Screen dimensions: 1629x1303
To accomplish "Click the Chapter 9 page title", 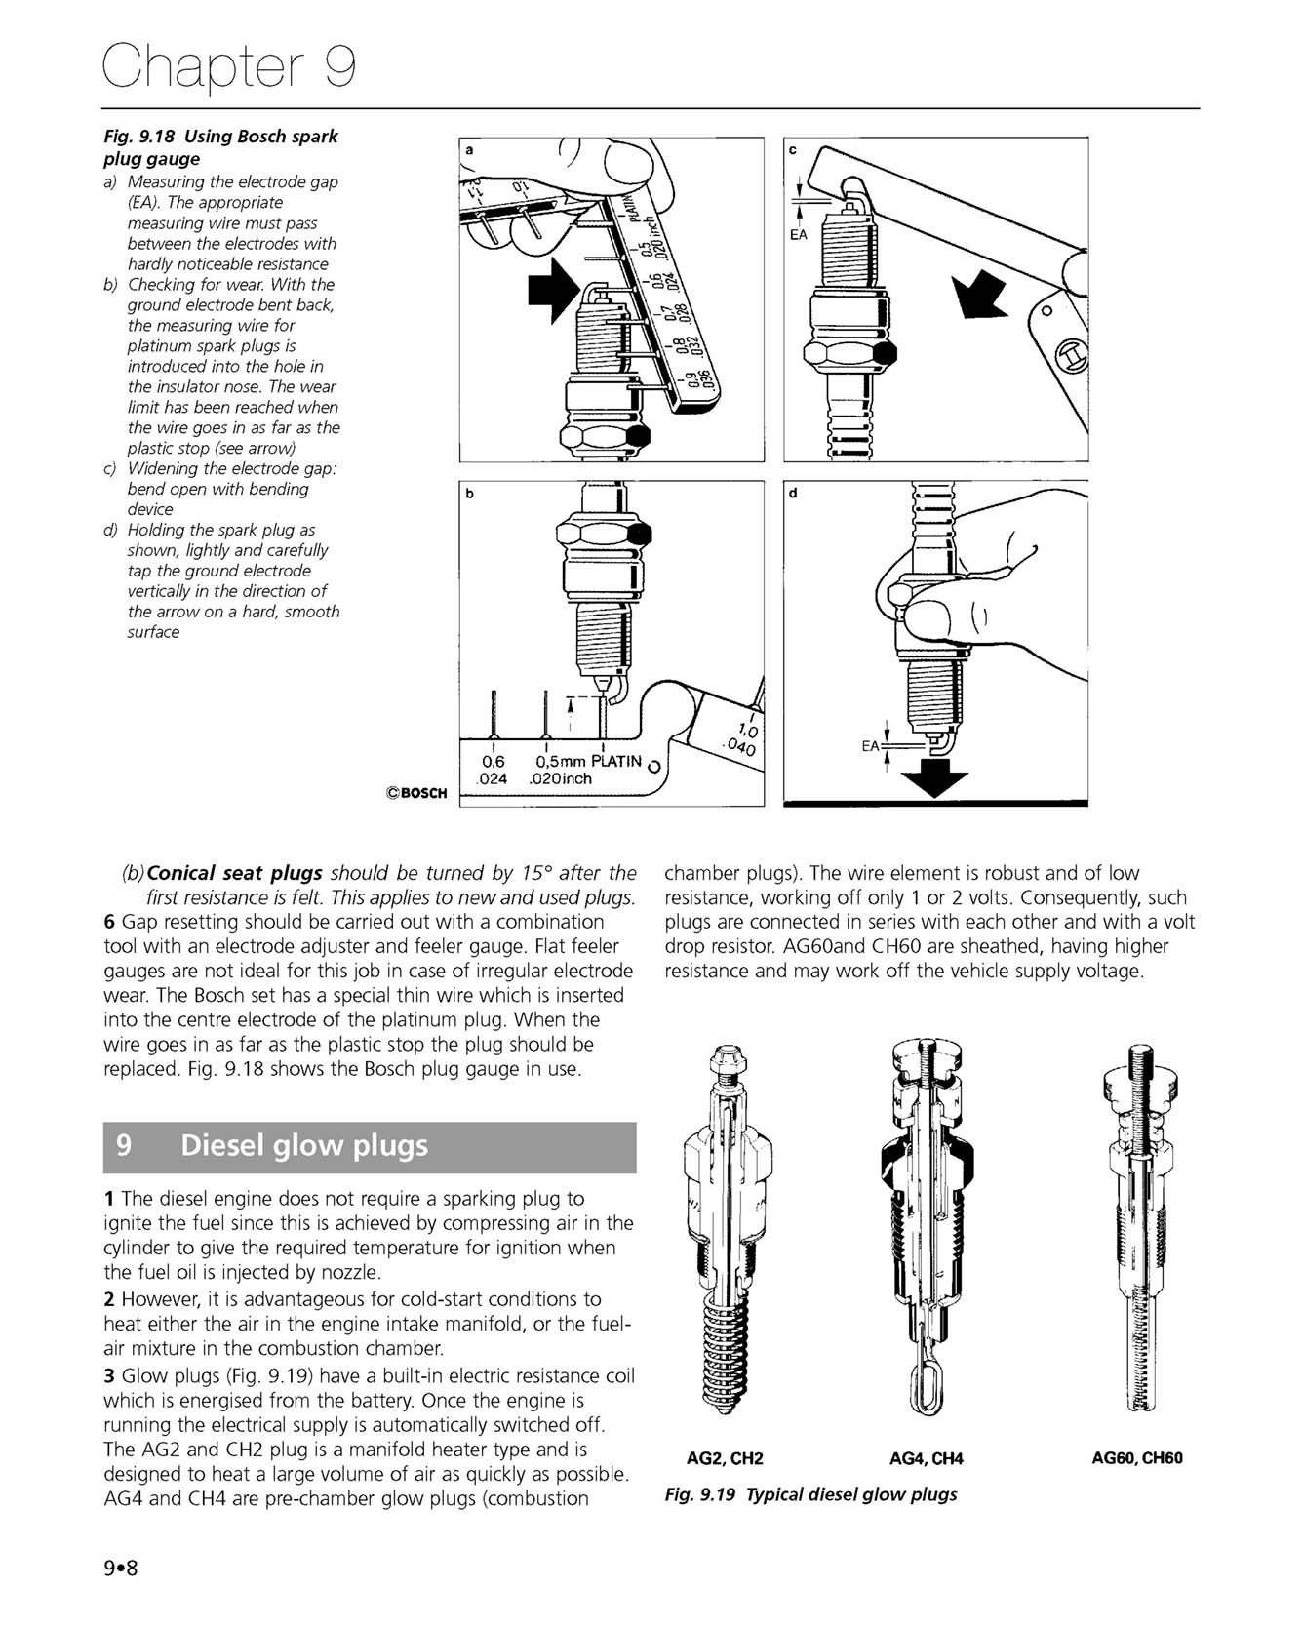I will point(230,66).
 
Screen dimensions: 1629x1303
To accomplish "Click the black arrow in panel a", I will point(551,290).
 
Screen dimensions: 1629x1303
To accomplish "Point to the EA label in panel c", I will point(799,236).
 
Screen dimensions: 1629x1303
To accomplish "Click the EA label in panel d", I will point(871,746).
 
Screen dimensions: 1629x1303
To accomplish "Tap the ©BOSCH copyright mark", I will point(416,793).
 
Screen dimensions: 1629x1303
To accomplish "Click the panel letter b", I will point(469,495).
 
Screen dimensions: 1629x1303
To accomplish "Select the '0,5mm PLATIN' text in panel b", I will point(588,761).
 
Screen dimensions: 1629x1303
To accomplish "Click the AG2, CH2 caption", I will point(725,1458).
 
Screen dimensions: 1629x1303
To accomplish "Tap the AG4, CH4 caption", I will point(926,1458).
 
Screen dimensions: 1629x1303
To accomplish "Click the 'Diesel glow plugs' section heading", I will point(304,1145).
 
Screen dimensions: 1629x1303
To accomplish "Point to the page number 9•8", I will point(122,1569).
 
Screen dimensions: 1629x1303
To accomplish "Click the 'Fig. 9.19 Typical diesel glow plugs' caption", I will point(810,1494).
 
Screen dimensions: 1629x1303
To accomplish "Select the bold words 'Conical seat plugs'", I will point(234,873).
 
